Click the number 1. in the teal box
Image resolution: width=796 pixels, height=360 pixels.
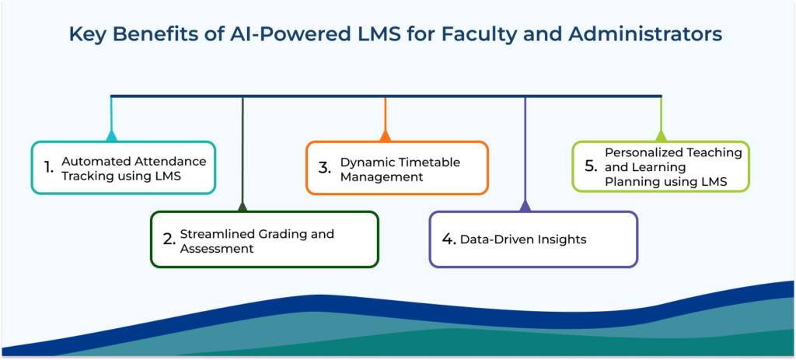49,167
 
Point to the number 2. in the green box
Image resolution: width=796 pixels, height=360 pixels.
170,239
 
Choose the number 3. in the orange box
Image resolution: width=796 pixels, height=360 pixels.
325,167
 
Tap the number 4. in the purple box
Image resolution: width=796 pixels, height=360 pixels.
449,239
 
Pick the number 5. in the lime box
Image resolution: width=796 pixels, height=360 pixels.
591,166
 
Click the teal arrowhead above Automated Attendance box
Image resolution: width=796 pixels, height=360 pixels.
112,136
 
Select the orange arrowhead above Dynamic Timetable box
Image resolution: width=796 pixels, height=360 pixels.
386,136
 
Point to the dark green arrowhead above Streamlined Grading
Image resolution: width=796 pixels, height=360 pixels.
243,207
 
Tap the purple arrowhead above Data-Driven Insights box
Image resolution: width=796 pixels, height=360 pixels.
525,207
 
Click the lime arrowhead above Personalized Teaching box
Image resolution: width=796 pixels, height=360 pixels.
661,136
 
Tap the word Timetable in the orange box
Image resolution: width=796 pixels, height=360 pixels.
428,162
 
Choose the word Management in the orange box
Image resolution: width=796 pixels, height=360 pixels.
381,177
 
